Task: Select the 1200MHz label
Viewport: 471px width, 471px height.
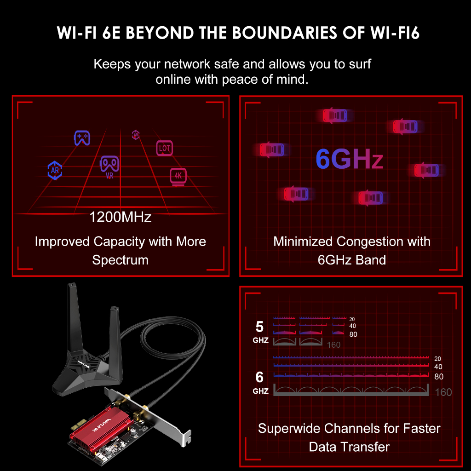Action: click(121, 217)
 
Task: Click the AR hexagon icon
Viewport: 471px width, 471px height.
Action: click(55, 170)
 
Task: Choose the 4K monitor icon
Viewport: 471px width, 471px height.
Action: click(178, 176)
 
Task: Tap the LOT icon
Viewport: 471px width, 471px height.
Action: click(165, 148)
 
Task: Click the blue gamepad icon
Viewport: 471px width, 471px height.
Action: click(82, 138)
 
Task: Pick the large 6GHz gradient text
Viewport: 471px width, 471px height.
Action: click(350, 159)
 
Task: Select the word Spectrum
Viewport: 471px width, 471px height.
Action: click(121, 260)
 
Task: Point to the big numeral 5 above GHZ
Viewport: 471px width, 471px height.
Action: click(259, 327)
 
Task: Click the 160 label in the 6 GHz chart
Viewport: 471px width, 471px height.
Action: click(443, 392)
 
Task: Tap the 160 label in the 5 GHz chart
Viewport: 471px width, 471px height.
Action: click(333, 345)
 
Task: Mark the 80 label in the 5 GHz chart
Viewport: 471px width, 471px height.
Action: click(353, 334)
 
